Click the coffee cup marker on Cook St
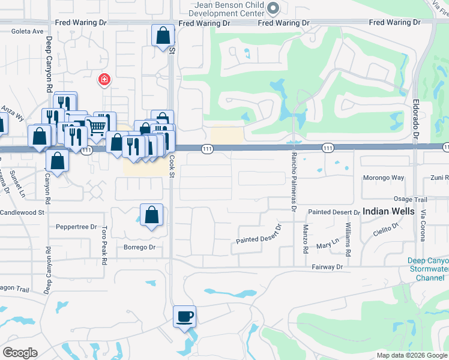[185, 316]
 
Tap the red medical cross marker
[104, 79]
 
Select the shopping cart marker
[96, 125]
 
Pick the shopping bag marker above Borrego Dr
[152, 215]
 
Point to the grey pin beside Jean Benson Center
[274, 8]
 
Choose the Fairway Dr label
[327, 266]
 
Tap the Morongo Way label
[384, 178]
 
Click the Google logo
[20, 353]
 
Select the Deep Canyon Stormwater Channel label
[427, 269]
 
